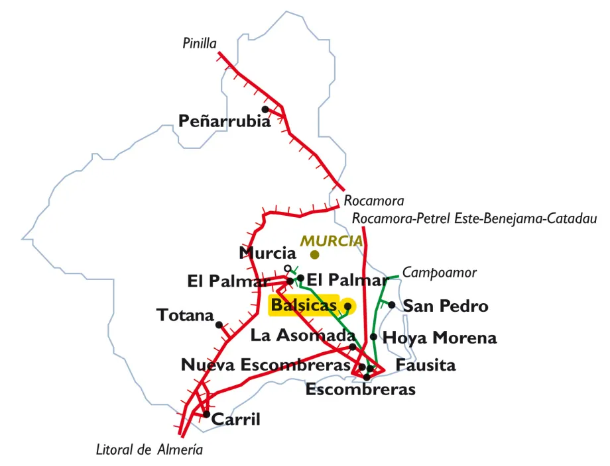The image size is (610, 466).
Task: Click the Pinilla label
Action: [x=200, y=44]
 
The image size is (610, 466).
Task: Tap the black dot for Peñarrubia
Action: [x=265, y=109]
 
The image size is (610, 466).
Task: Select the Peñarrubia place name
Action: [x=224, y=121]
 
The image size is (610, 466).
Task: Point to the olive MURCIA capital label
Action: [x=332, y=241]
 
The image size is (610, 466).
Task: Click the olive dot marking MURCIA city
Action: [x=315, y=254]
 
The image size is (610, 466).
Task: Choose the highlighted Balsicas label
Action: [x=303, y=306]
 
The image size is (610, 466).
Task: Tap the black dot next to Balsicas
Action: [x=347, y=306]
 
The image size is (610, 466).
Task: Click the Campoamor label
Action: [x=440, y=272]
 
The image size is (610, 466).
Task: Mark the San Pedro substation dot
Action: [x=392, y=305]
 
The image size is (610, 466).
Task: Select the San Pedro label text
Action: [x=446, y=306]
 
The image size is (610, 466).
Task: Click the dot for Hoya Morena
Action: [x=374, y=337]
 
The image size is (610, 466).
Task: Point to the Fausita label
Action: [x=426, y=365]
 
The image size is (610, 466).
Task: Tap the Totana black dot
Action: [x=219, y=324]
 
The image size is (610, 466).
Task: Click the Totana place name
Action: [x=185, y=315]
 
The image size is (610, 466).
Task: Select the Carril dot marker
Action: [x=207, y=415]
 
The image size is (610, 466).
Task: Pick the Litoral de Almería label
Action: [x=149, y=450]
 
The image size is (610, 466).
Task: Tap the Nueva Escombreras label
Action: [x=265, y=365]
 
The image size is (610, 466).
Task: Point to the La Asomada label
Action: [x=303, y=336]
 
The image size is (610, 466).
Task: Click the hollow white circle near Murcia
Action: [x=287, y=268]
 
